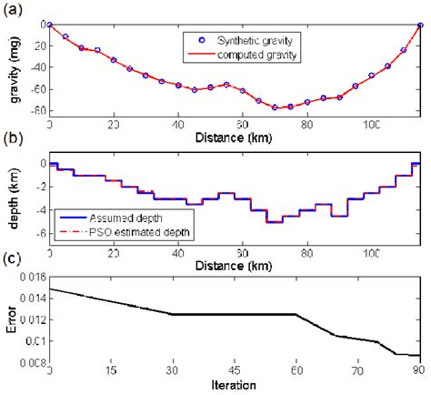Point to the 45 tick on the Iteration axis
coord(234,370)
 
